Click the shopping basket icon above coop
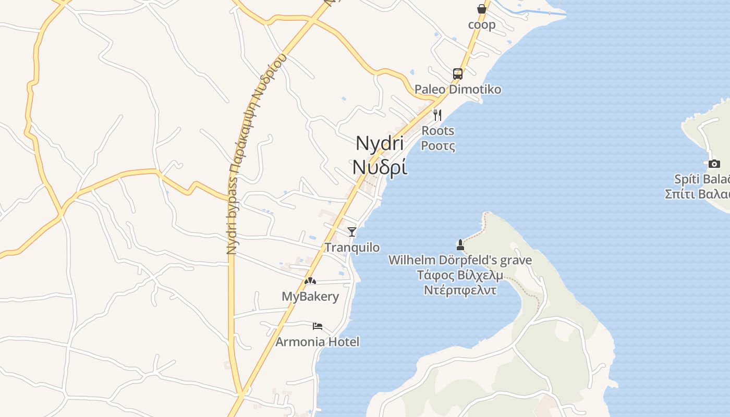tap(481, 9)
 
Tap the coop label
tap(482, 24)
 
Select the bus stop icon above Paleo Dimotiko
tap(457, 73)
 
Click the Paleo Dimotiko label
tap(457, 89)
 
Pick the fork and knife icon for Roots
tap(437, 115)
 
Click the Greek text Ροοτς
tap(437, 146)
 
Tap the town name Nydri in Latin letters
tap(380, 143)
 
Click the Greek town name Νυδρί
tap(380, 167)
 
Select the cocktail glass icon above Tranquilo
tap(352, 231)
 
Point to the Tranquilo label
tap(352, 247)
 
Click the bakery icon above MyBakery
tap(310, 281)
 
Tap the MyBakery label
tap(310, 297)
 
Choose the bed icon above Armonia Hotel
tap(317, 326)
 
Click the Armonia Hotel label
tap(317, 342)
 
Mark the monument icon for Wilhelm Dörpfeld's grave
tap(460, 244)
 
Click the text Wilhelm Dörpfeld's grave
tap(460, 260)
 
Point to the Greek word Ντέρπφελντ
tap(460, 290)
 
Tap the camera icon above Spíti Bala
tap(714, 164)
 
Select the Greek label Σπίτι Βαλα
tap(697, 194)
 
